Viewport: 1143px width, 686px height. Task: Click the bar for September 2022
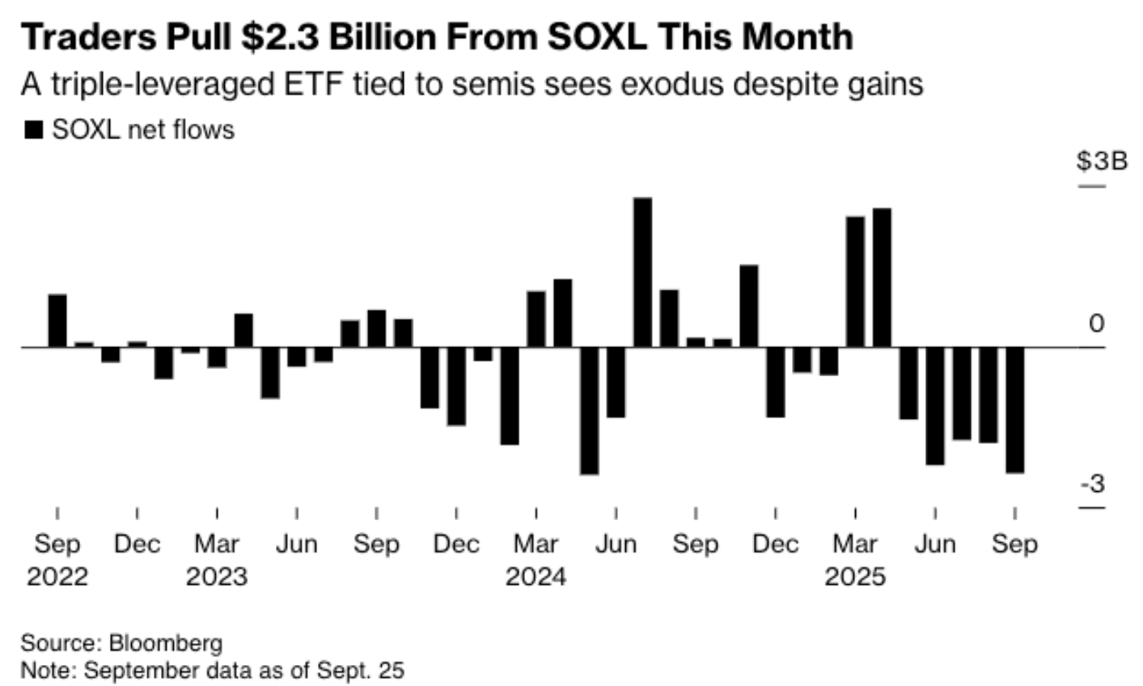point(57,321)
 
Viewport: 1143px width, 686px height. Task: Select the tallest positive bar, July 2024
point(642,273)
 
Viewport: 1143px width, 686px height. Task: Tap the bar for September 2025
point(1014,410)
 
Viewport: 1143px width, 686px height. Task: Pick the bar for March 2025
point(855,282)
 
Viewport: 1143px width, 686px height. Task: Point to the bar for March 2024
point(536,320)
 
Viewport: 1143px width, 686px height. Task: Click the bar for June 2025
point(935,406)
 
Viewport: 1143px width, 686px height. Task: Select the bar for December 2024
point(776,382)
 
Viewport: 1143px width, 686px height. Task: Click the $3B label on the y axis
point(1101,161)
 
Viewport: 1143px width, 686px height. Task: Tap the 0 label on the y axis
point(1096,324)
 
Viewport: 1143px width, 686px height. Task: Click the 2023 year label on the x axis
point(217,577)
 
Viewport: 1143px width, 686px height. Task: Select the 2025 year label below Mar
point(855,577)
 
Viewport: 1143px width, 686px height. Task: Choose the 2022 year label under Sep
point(57,577)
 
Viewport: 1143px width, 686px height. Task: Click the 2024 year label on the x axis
point(536,577)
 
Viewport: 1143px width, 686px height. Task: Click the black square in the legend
point(34,130)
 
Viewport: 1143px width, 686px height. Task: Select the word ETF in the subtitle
point(314,84)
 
